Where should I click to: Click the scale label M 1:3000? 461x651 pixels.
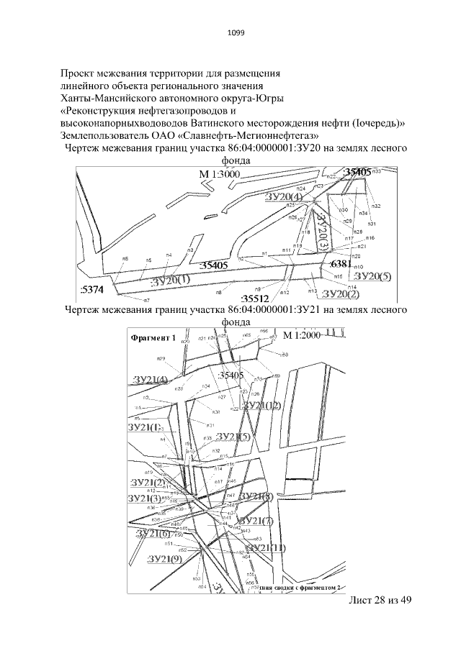point(219,175)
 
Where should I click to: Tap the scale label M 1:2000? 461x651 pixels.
point(301,336)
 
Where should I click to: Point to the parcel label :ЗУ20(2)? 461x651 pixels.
point(340,293)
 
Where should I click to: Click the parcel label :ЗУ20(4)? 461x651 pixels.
point(283,196)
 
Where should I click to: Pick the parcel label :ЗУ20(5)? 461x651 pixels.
point(372,276)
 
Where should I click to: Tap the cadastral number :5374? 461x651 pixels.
point(91,289)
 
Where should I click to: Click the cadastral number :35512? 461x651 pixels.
point(255,298)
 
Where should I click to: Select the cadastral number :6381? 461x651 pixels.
point(340,264)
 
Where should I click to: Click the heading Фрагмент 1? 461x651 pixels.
point(153,337)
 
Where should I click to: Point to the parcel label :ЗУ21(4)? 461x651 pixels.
point(151,379)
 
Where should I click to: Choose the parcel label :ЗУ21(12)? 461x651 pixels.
point(262,406)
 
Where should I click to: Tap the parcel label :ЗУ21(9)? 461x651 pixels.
point(164,558)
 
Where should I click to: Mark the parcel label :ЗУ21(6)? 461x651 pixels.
point(152,533)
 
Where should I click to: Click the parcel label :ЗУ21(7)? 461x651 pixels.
point(256,521)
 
